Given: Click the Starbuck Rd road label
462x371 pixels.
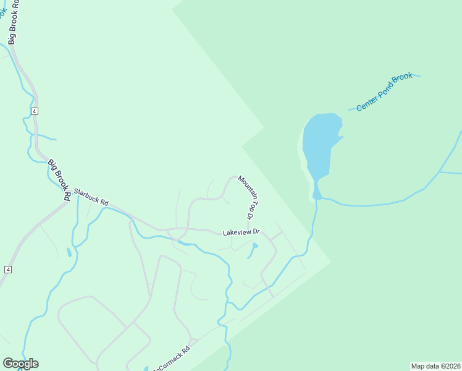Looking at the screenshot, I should click(x=91, y=197).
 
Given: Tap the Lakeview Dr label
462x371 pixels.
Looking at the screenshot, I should click(x=241, y=232).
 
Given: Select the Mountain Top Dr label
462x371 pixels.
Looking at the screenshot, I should click(x=246, y=198).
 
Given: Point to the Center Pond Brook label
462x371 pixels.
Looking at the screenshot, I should click(x=384, y=92).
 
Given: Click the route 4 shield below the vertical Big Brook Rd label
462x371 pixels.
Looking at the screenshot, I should click(x=35, y=111).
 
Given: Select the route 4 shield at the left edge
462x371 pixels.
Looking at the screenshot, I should click(x=8, y=270).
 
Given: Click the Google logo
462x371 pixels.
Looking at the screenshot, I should click(x=20, y=364).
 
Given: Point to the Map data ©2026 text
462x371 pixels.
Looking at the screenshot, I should click(x=435, y=365).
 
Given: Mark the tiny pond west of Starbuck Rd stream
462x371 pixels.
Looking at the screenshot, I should click(x=69, y=252).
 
